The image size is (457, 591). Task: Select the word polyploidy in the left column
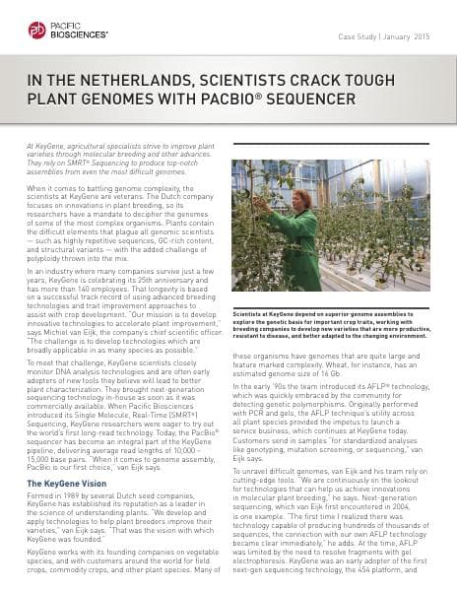(x=49, y=259)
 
